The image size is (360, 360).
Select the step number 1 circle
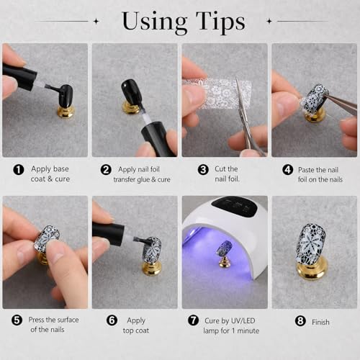[19, 170]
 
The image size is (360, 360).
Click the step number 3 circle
[203, 170]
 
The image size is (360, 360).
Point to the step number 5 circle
[17, 320]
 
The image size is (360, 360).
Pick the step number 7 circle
[193, 320]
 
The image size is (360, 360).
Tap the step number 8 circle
[300, 321]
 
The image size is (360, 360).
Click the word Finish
[320, 322]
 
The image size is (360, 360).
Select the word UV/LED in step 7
[243, 320]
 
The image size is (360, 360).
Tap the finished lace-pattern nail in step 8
[310, 243]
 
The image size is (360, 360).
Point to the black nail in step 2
[130, 91]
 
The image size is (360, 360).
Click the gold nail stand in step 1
[66, 112]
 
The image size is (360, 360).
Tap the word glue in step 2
[143, 179]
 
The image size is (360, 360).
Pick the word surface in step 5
[68, 320]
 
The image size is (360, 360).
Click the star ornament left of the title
[96, 21]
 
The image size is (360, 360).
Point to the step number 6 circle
[112, 320]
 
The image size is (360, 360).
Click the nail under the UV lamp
[224, 248]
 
